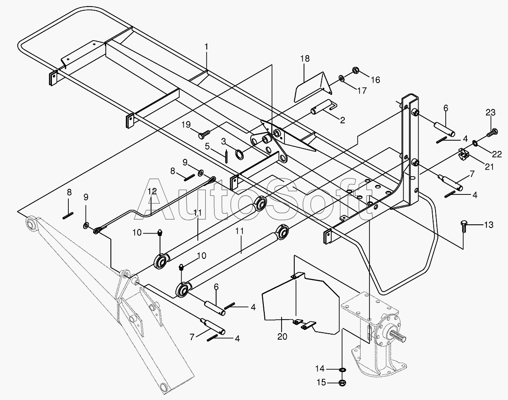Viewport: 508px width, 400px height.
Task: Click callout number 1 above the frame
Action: click(x=206, y=47)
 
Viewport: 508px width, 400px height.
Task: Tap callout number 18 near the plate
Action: click(x=305, y=58)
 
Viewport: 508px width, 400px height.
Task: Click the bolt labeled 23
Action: click(x=492, y=132)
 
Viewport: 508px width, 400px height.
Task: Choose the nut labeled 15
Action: click(x=343, y=383)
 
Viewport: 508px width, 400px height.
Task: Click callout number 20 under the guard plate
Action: click(x=282, y=336)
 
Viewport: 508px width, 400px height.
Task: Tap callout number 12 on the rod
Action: click(x=152, y=191)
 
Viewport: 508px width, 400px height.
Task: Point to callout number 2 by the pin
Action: click(x=342, y=120)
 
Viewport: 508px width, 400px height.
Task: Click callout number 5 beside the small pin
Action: click(x=207, y=147)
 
